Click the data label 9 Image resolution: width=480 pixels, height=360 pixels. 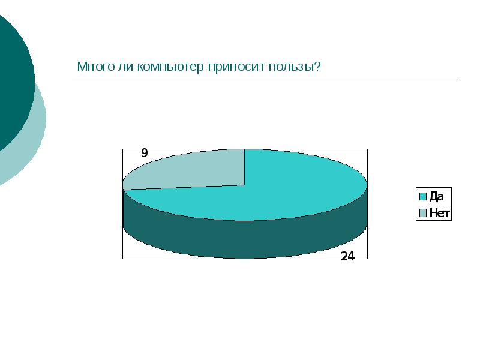[x=144, y=154]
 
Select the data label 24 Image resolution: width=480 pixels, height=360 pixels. [x=347, y=256]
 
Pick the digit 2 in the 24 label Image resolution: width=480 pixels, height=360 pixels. [x=344, y=256]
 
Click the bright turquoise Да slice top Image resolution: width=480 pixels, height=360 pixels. [x=288, y=186]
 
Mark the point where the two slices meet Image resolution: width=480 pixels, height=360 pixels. [x=244, y=185]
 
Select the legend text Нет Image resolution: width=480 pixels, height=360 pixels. [x=439, y=212]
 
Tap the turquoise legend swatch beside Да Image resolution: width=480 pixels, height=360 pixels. [x=422, y=196]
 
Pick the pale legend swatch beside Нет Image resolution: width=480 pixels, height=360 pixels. [x=422, y=212]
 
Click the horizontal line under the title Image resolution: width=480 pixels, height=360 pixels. [x=264, y=80]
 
